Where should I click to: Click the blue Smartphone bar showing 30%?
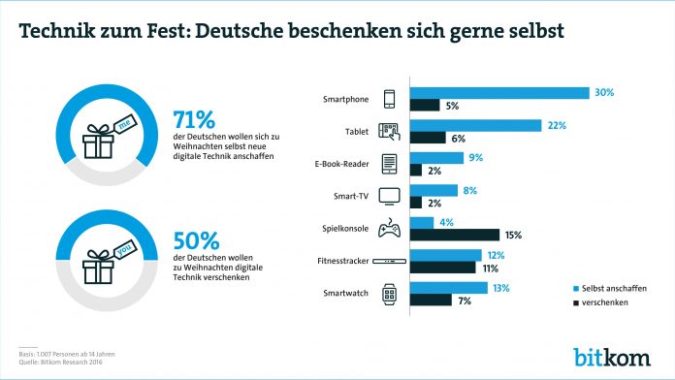pyautogui.click(x=499, y=93)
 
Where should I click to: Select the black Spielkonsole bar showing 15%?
pyautogui.click(x=455, y=235)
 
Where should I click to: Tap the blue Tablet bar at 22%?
pyautogui.click(x=476, y=125)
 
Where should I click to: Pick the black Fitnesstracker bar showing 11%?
pyautogui.click(x=443, y=267)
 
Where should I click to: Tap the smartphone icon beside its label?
pyautogui.click(x=389, y=99)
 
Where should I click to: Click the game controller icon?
pyautogui.click(x=389, y=228)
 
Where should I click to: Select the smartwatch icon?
pyautogui.click(x=389, y=294)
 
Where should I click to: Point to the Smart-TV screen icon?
pyautogui.click(x=389, y=196)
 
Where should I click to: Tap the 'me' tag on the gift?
pyautogui.click(x=124, y=124)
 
